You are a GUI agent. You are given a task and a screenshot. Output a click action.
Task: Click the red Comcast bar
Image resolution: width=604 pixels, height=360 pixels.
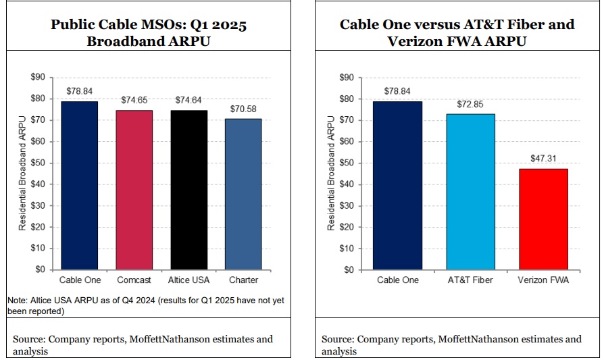(x=134, y=190)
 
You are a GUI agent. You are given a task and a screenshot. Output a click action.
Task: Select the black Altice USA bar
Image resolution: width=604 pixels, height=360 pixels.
(x=188, y=190)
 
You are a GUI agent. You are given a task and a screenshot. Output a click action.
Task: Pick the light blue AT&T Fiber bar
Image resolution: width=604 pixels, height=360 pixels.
(x=470, y=192)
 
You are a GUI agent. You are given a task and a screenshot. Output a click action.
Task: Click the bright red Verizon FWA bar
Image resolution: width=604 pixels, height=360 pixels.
(x=543, y=219)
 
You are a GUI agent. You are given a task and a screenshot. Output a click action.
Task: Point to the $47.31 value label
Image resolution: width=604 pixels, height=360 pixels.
(x=543, y=159)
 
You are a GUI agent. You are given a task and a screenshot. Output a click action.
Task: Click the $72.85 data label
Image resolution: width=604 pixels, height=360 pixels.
(x=470, y=105)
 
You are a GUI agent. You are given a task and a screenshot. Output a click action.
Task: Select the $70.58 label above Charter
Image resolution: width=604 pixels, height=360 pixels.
(x=243, y=109)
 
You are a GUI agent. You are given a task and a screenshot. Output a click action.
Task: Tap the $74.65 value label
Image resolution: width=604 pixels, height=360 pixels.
(x=134, y=100)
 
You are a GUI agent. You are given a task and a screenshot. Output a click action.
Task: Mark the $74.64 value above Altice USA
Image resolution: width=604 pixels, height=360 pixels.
(x=188, y=100)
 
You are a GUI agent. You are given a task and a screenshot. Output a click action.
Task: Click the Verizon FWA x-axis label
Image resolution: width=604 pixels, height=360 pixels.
(x=543, y=280)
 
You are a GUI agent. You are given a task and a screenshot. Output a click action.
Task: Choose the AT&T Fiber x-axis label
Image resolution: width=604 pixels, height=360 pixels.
(x=470, y=280)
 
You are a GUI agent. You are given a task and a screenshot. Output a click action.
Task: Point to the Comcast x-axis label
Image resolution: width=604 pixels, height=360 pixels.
(x=134, y=280)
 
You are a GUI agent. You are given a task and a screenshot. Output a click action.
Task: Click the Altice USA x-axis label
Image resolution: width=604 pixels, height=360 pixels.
(x=188, y=280)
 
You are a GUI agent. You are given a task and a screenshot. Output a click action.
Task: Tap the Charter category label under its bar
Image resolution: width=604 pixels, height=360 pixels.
(x=243, y=280)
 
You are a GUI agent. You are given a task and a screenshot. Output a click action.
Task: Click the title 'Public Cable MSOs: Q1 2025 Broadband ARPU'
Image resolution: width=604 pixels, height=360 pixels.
(x=149, y=32)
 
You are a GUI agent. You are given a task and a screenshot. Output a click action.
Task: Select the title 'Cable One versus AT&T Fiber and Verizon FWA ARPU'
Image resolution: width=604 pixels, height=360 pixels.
(x=457, y=32)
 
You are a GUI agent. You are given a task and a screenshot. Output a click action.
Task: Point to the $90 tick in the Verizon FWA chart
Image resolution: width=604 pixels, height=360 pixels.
(x=348, y=78)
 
